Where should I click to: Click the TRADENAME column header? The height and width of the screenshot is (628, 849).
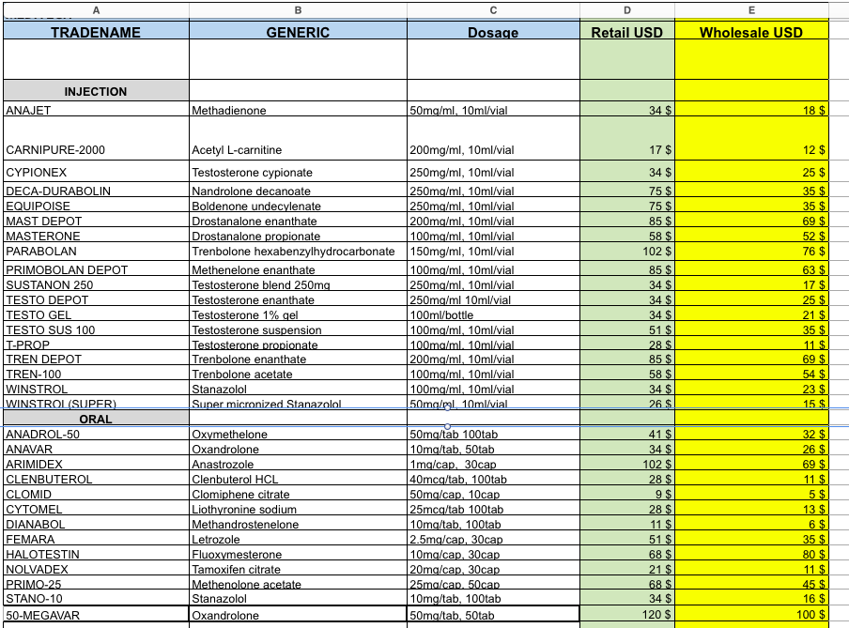95,32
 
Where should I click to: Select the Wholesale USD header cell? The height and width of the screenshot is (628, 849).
750,32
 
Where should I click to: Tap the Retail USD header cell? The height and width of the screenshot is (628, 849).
626,32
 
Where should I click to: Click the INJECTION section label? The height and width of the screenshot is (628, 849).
95,92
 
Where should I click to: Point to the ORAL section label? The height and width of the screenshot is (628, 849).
95,419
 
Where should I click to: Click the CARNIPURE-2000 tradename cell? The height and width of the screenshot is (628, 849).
52,150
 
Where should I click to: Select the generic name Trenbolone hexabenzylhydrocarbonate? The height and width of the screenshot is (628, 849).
293,252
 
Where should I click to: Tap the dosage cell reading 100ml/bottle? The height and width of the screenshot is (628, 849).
442,315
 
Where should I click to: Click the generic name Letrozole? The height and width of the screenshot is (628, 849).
217,540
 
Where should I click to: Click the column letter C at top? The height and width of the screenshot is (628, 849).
493,9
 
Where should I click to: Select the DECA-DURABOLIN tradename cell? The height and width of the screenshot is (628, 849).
58,191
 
